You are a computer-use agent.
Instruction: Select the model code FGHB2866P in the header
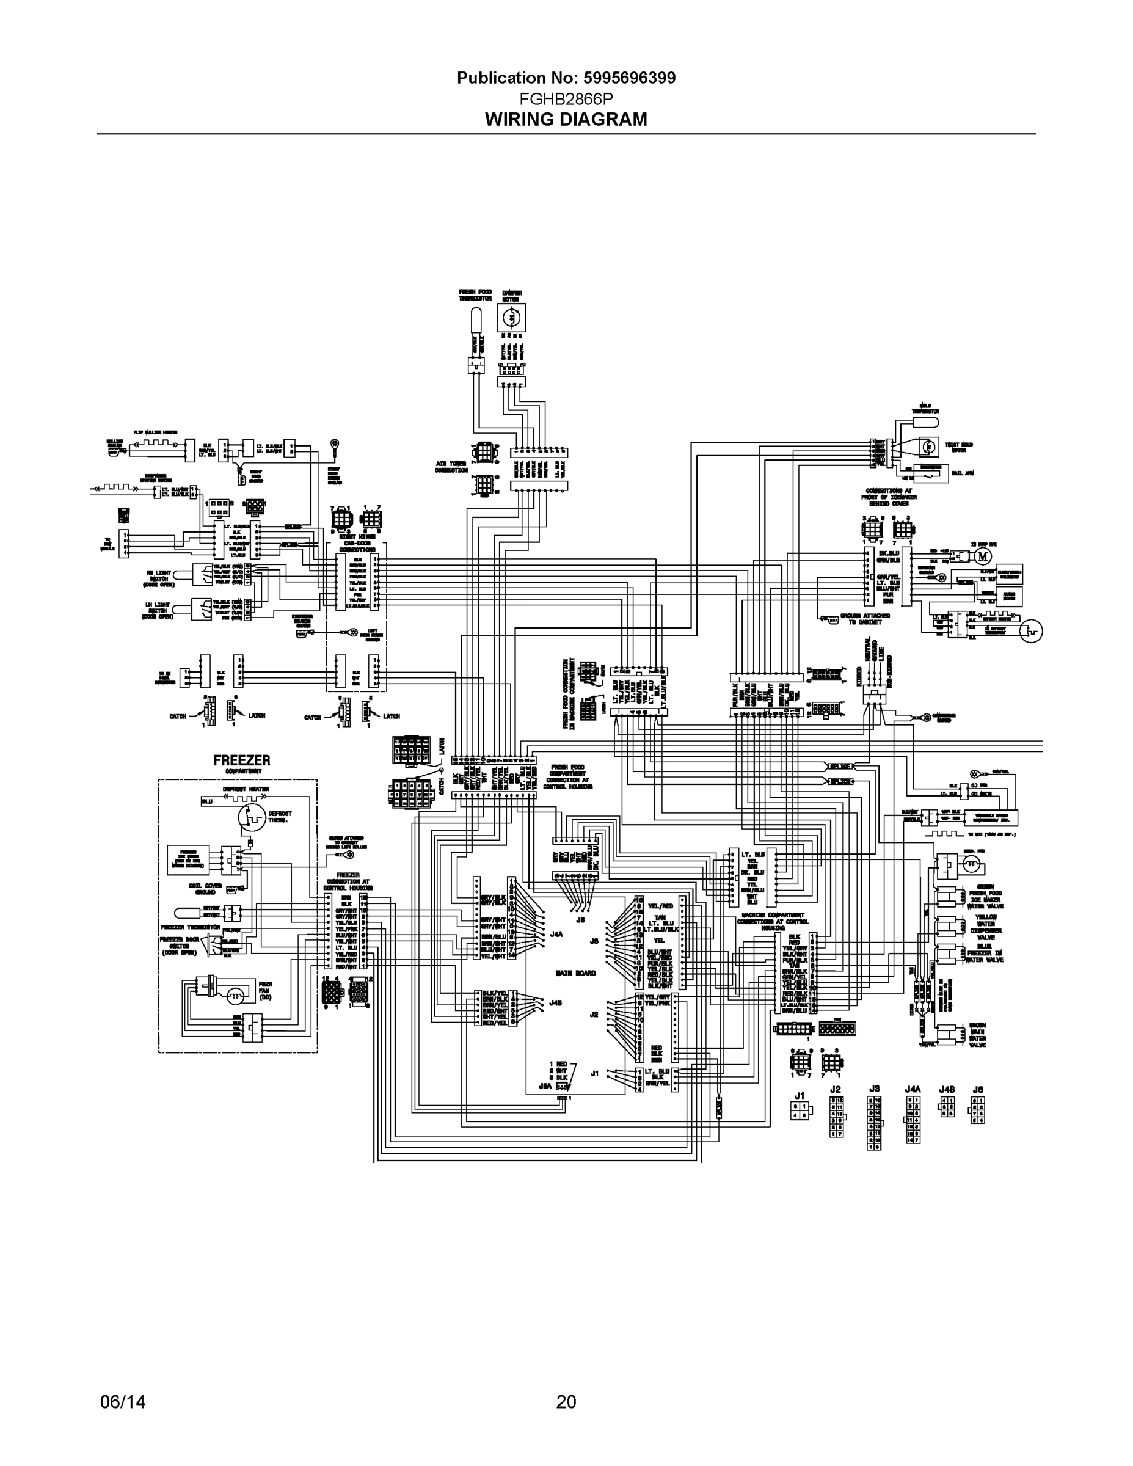pyautogui.click(x=566, y=100)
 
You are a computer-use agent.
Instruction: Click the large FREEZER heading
pyautogui.click(x=242, y=760)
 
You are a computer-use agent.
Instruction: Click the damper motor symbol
pyautogui.click(x=511, y=317)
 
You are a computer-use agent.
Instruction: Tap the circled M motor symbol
pyautogui.click(x=983, y=556)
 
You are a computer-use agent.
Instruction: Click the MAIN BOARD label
pyautogui.click(x=575, y=972)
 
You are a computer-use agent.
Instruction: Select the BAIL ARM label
pyautogui.click(x=963, y=473)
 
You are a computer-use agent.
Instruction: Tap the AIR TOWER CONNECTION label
pyautogui.click(x=451, y=467)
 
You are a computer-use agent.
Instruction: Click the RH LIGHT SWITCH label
pyautogui.click(x=159, y=576)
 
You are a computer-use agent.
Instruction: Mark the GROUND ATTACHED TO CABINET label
pyautogui.click(x=869, y=618)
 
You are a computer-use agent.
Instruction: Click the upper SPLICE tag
pyautogui.click(x=840, y=766)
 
